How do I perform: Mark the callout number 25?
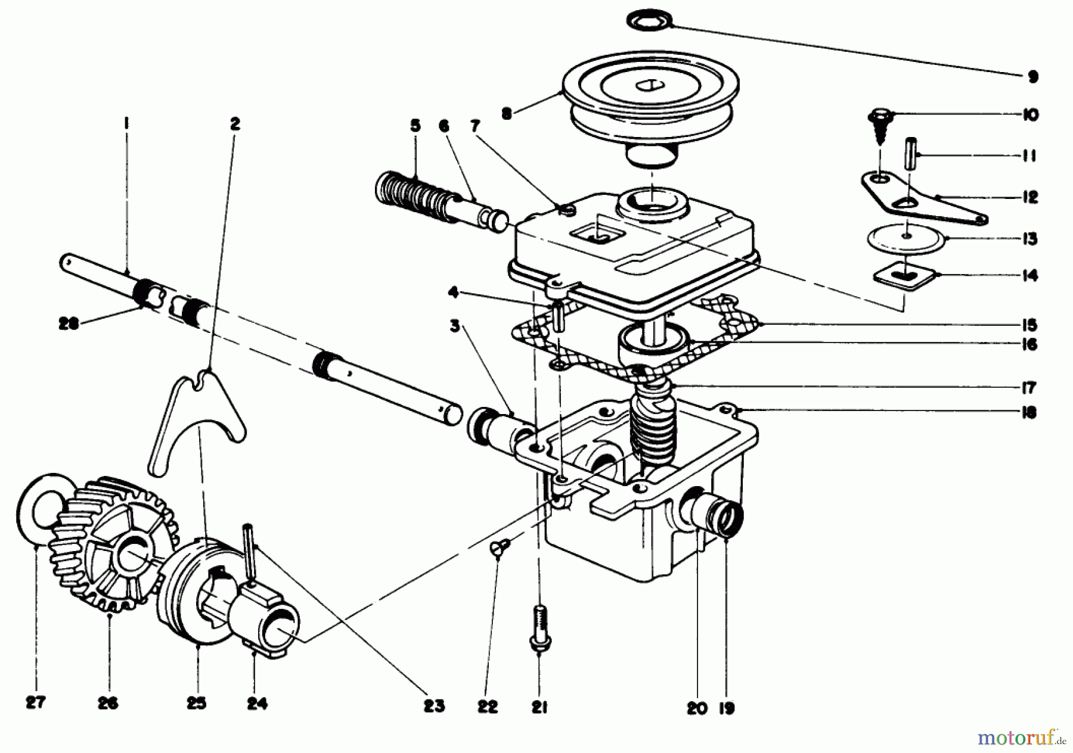point(196,703)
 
